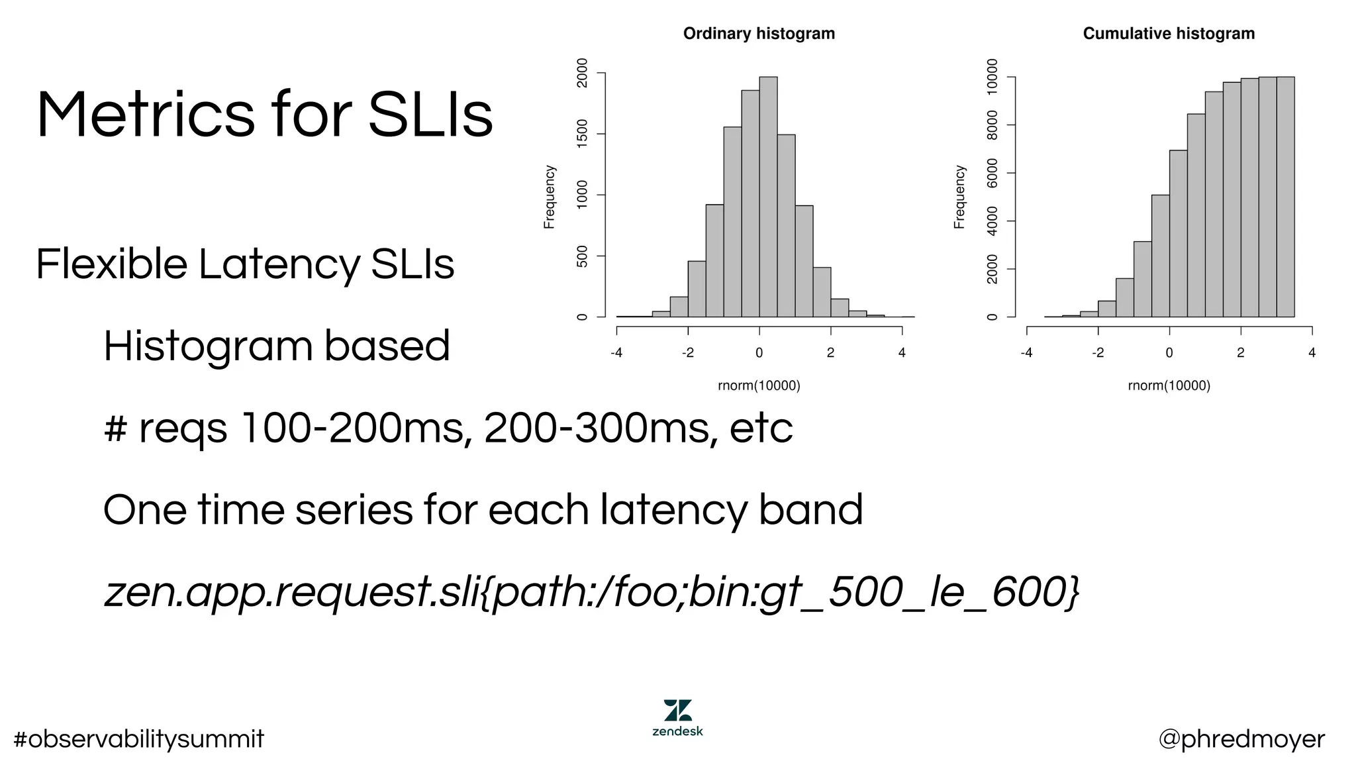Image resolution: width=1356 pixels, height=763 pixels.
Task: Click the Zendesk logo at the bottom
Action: [677, 717]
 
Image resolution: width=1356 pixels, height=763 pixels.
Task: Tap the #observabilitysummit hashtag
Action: [138, 739]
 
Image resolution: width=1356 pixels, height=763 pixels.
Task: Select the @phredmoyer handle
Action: [1241, 739]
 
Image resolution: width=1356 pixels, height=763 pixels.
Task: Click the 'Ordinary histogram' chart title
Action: [759, 34]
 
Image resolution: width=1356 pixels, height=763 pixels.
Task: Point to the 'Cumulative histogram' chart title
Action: [1169, 34]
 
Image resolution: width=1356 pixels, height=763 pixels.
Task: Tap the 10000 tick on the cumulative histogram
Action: [992, 77]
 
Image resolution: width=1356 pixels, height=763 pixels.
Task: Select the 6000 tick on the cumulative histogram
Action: [992, 173]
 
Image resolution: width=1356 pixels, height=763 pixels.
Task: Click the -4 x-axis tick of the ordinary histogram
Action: [616, 353]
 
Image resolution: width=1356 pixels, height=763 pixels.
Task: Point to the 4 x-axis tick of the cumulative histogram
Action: [1312, 353]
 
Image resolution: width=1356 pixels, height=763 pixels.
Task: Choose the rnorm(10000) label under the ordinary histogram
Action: [759, 385]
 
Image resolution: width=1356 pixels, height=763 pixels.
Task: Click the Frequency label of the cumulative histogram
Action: [959, 197]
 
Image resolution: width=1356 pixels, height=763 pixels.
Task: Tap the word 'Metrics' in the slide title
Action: [145, 115]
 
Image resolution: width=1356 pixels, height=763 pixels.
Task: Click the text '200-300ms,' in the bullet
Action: [600, 428]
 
